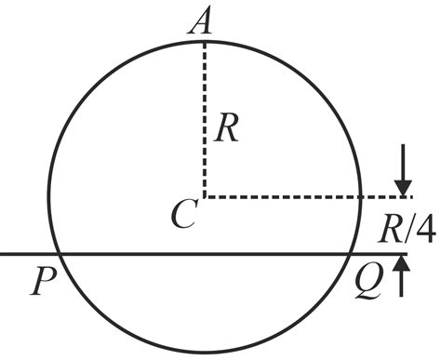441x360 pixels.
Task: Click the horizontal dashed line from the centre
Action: pyautogui.click(x=298, y=197)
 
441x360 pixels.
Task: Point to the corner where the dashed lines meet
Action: pyautogui.click(x=203, y=197)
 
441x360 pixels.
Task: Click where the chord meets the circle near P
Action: pyautogui.click(x=58, y=253)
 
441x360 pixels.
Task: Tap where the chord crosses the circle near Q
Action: pyautogui.click(x=349, y=253)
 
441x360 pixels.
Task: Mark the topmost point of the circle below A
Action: pyautogui.click(x=203, y=40)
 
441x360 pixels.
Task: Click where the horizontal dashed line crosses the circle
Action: pyautogui.click(x=360, y=197)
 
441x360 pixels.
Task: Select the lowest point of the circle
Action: pyautogui.click(x=203, y=353)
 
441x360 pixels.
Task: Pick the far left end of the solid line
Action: pyautogui.click(x=3, y=253)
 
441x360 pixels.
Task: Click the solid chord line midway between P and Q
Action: pyautogui.click(x=203, y=253)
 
